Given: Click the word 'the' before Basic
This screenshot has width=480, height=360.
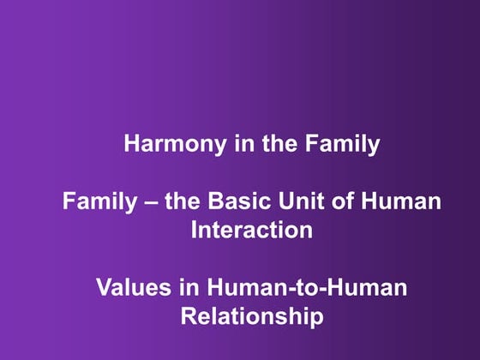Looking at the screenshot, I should [x=177, y=202].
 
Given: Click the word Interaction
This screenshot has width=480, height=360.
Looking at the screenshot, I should [x=251, y=231].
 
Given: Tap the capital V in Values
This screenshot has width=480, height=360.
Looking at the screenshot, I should [x=104, y=289].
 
